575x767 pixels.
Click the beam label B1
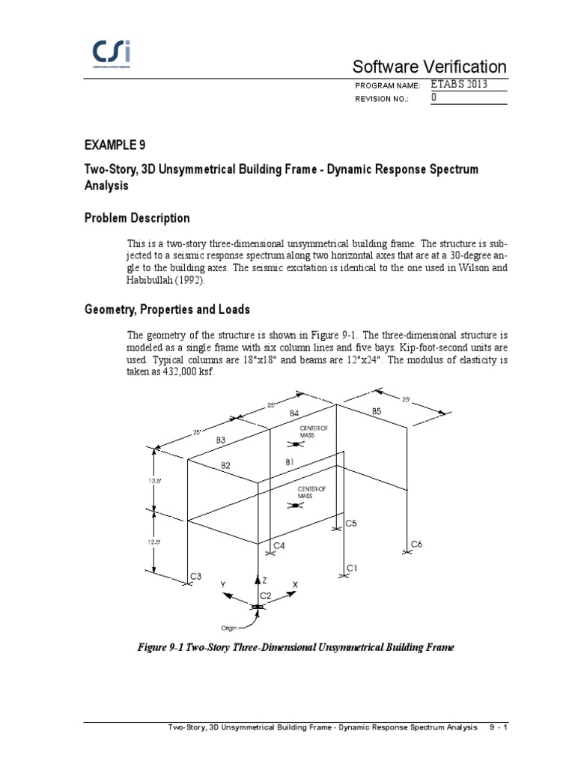point(292,463)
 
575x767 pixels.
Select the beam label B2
point(226,465)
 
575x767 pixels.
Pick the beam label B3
point(221,440)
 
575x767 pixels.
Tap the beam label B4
point(294,413)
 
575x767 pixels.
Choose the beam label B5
point(377,411)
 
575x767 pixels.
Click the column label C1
point(352,569)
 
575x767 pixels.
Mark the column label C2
point(266,595)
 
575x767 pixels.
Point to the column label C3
point(195,576)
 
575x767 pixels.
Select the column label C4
point(279,546)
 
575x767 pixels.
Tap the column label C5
point(351,524)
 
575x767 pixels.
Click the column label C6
point(417,545)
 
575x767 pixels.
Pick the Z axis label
point(264,580)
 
